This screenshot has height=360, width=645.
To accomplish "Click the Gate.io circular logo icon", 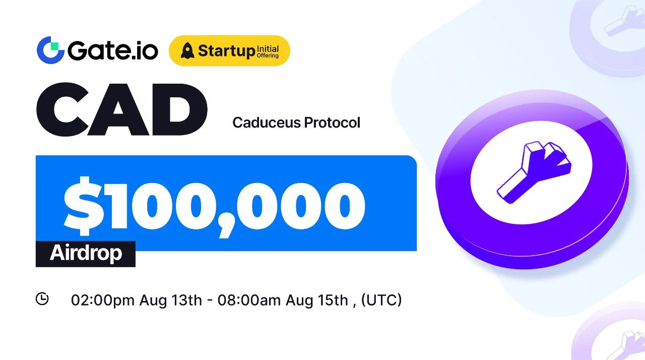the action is (x=50, y=50).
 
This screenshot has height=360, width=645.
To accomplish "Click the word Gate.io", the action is (x=113, y=50).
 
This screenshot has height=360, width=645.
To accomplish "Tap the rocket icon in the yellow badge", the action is (x=187, y=50).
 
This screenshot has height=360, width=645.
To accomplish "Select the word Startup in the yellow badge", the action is (x=227, y=51).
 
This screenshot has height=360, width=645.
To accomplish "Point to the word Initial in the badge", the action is (x=268, y=49).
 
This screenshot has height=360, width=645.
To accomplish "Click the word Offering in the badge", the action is (x=268, y=55).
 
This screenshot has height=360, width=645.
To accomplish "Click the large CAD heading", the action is (x=122, y=109).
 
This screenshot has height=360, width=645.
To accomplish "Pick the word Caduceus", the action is (x=267, y=123).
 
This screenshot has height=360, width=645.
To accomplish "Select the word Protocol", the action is (x=332, y=123).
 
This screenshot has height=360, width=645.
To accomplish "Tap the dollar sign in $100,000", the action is (x=83, y=206).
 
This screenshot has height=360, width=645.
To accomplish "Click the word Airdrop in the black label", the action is (x=86, y=254).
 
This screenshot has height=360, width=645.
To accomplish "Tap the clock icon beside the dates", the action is (x=42, y=298).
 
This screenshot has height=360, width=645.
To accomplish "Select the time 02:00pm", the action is (x=103, y=300).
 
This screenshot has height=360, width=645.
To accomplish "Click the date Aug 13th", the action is (x=171, y=300).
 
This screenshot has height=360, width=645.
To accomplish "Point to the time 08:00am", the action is (x=249, y=300).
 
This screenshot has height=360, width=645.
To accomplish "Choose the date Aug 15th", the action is (x=317, y=300).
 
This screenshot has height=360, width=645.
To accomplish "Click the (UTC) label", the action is (x=381, y=300).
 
